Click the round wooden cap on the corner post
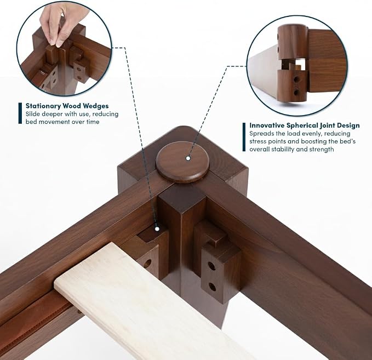point(182,162)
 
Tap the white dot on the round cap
point(188,158)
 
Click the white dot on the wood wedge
point(157,229)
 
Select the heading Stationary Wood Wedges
point(67,106)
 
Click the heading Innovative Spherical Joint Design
point(305,125)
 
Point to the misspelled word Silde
point(33,114)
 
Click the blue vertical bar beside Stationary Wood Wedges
point(20,113)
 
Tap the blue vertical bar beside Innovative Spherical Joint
point(244,137)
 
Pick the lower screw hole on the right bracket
point(213,287)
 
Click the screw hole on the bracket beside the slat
point(147,264)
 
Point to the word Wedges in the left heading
point(96,106)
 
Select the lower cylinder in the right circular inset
point(292,85)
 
